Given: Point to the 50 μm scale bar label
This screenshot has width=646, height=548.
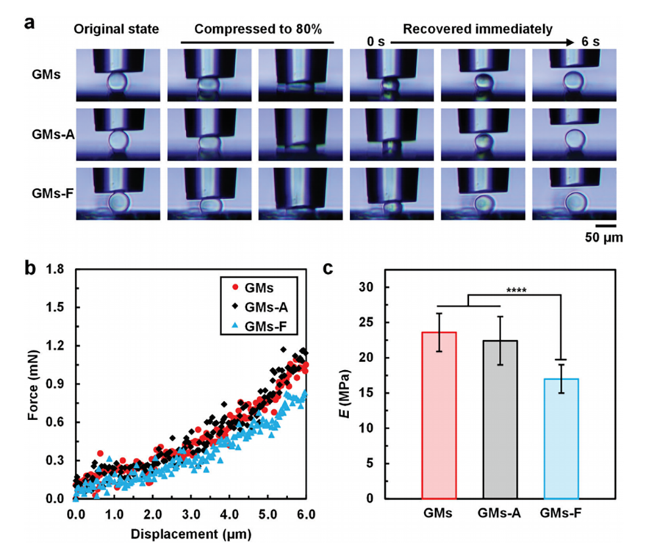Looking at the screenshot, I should (603, 238).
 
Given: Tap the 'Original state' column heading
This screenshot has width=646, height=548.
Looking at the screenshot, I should (117, 30).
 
